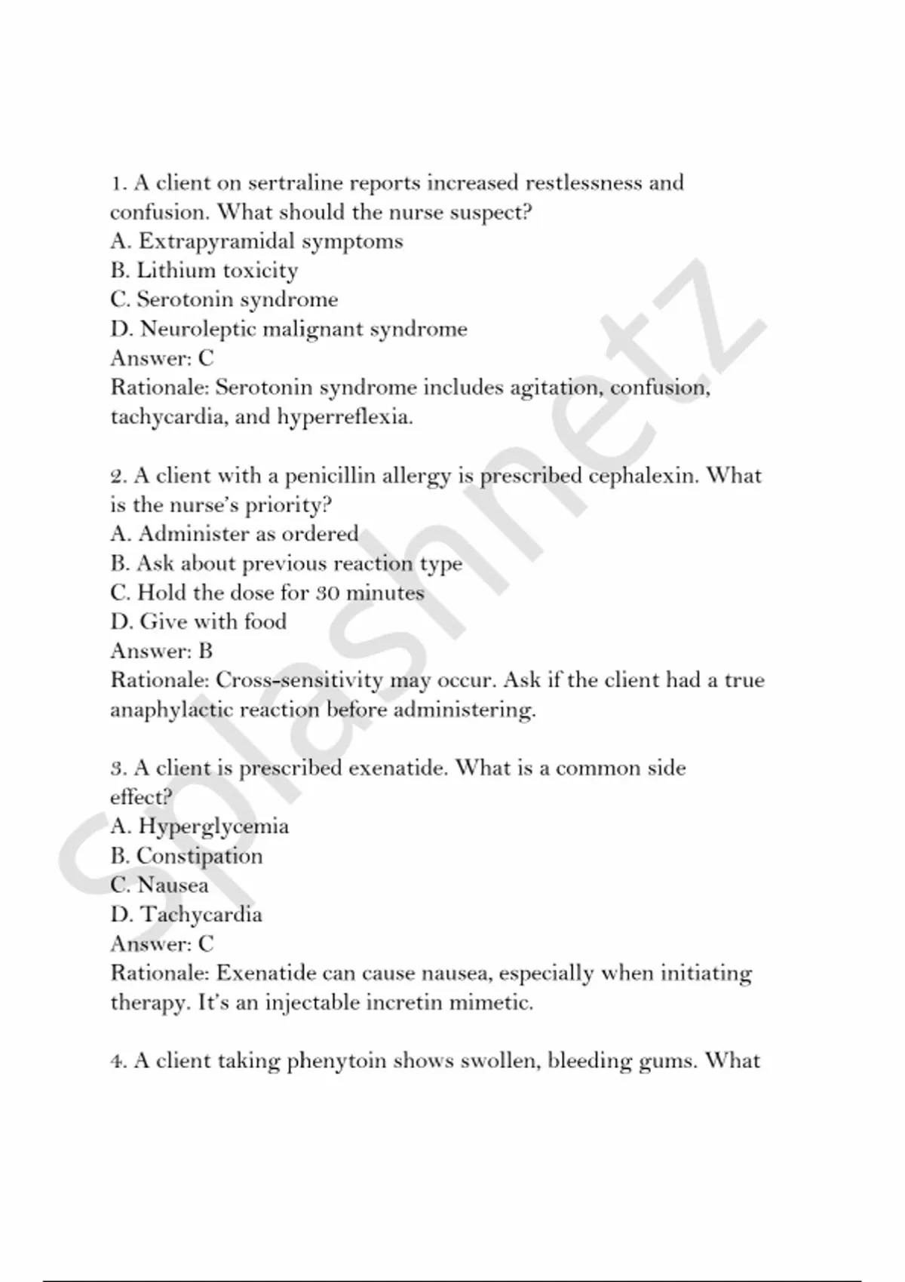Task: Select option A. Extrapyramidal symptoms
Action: click(x=256, y=241)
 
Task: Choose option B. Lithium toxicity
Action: click(x=204, y=271)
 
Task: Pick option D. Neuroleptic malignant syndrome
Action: click(x=289, y=330)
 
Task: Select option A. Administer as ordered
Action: click(x=234, y=535)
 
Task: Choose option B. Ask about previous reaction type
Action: click(x=286, y=564)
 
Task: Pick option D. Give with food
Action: click(x=198, y=622)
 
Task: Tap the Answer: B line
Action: click(x=161, y=652)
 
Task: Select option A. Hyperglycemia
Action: click(x=199, y=827)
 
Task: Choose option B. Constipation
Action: click(x=186, y=857)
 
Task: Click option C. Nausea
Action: click(x=159, y=885)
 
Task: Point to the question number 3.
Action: click(x=118, y=769)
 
